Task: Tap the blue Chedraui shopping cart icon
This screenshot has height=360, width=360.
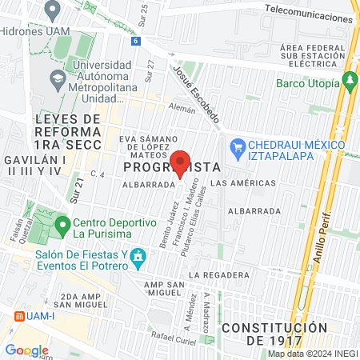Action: [237, 147]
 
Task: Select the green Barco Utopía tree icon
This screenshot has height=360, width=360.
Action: [349, 80]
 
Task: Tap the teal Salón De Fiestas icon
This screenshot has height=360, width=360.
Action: [139, 258]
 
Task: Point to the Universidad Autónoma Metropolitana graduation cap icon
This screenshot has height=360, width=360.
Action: [58, 79]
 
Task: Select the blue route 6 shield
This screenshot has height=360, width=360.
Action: [137, 41]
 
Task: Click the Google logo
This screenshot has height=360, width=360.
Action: [26, 350]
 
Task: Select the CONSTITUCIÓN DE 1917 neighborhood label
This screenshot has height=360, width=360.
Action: [274, 334]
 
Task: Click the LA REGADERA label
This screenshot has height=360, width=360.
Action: [215, 274]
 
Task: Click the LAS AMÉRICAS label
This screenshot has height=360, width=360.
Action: [246, 182]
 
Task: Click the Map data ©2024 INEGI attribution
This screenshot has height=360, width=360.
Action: [313, 354]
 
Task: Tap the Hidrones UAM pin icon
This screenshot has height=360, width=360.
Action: [54, 10]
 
